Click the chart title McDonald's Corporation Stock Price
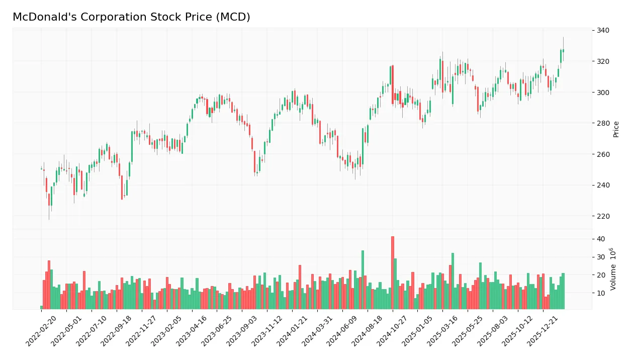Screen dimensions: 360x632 click(x=131, y=17)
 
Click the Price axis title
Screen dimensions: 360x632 click(x=616, y=129)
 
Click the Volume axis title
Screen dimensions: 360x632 click(x=613, y=269)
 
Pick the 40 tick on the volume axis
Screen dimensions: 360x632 click(x=601, y=239)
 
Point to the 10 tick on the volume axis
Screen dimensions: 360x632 click(x=601, y=293)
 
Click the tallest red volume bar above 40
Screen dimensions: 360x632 click(x=393, y=273)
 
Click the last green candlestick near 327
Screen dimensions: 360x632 click(x=563, y=51)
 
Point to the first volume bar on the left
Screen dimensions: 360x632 click(x=42, y=307)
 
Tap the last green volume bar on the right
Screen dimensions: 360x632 click(x=563, y=291)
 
